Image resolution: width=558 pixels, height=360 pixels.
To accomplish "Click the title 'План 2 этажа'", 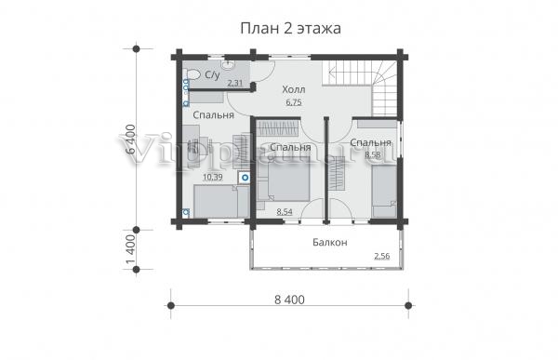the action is coord(290,29).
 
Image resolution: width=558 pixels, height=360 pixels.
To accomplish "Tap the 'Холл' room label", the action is coord(294,89).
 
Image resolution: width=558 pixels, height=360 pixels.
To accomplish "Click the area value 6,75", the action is coord(294,102).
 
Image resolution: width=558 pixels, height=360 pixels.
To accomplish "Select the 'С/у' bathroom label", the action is coord(212,74).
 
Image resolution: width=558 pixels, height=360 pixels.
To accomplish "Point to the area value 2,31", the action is coord(235,84).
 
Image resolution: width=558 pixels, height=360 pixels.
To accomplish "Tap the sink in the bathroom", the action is coord(227,64).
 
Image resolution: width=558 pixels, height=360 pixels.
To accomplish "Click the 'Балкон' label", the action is coord(330,243).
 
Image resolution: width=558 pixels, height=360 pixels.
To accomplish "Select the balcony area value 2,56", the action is coord(382,256).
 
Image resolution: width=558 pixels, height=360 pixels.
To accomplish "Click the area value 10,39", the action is coord(212,177).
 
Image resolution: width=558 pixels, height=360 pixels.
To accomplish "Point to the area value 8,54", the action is coord(285,212).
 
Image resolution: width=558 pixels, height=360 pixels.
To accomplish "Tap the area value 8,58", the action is coord(373,155).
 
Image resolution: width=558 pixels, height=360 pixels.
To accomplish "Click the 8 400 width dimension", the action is coord(289,300).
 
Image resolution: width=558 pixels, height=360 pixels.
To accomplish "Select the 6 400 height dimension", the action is coord(131,139).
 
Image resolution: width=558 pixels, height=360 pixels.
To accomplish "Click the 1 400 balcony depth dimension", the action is coord(131,249).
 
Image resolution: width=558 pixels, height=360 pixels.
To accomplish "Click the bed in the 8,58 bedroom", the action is coord(384,192).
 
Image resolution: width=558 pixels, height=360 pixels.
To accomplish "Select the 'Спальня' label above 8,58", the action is coord(370,142).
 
